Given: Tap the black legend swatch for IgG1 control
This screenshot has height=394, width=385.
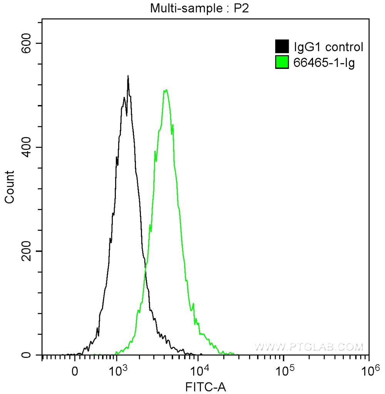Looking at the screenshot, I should click(282, 47).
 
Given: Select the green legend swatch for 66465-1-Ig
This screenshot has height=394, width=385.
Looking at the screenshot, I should click(282, 62).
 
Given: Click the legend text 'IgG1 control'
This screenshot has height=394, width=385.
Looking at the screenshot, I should click(328, 47).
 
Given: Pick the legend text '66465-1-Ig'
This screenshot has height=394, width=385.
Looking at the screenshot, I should click(324, 62).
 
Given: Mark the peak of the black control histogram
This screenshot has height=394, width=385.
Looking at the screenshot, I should click(128, 76).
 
